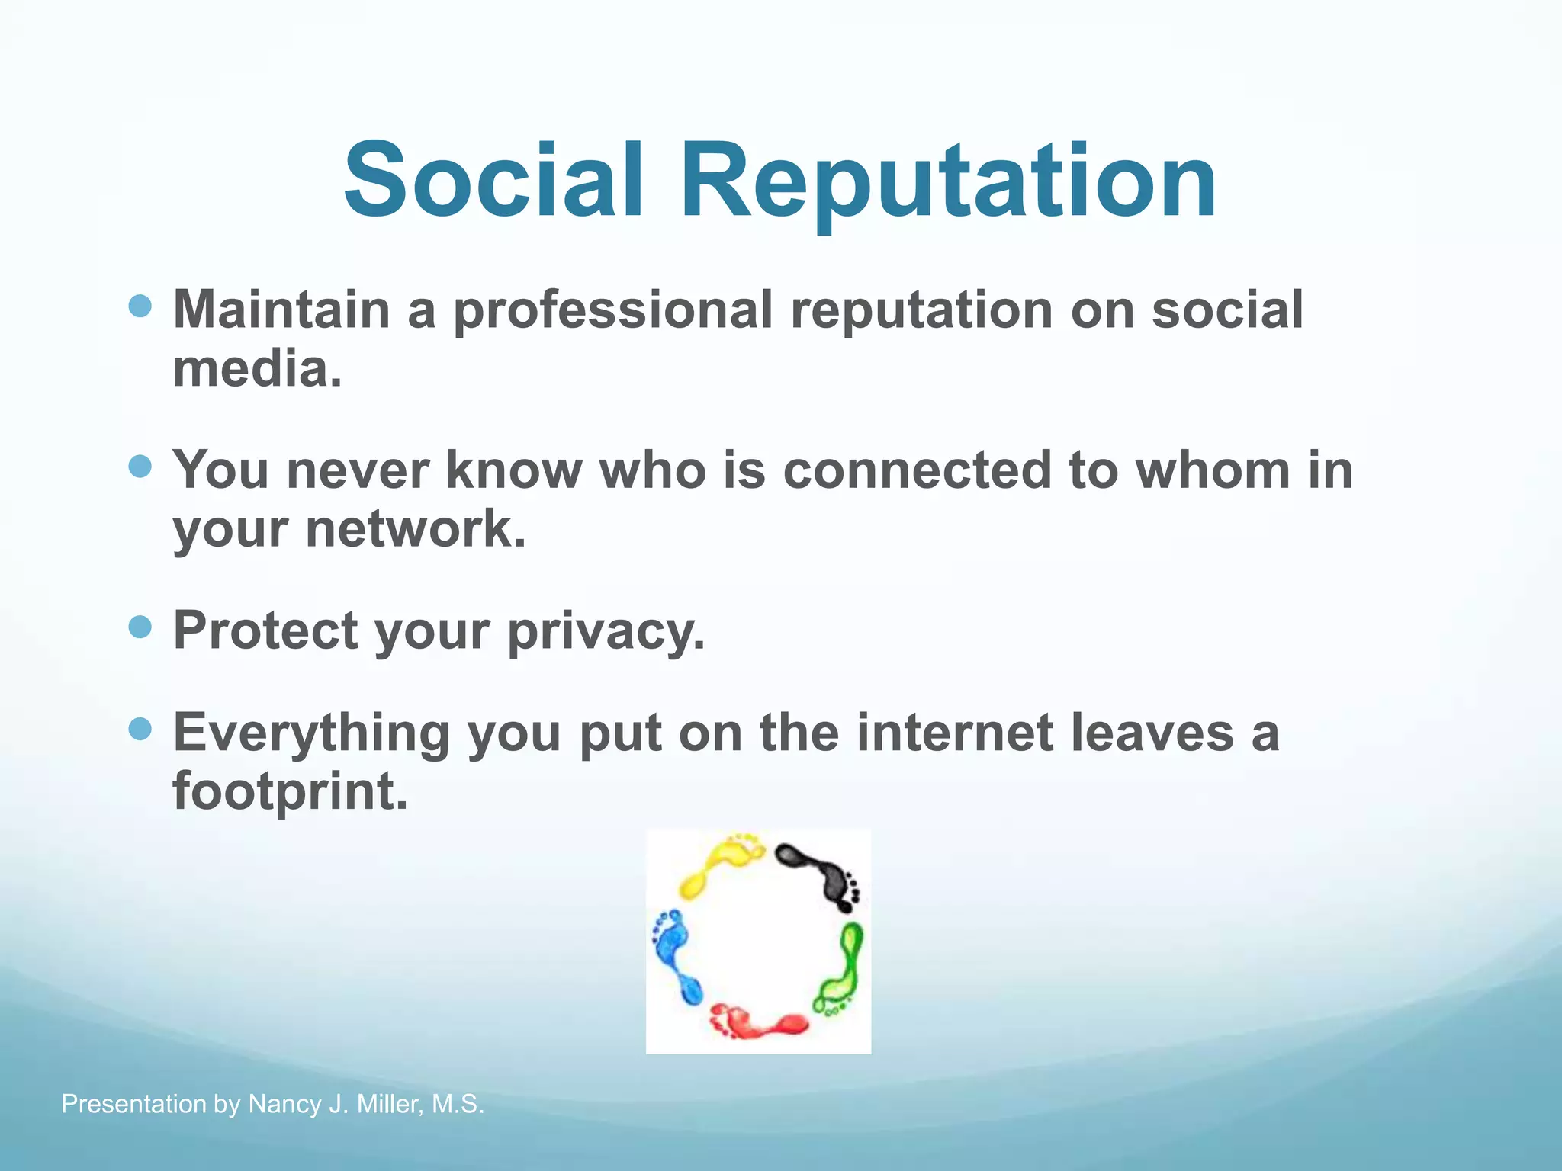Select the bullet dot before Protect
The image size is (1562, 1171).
[x=140, y=627]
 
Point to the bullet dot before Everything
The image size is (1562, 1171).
[x=140, y=730]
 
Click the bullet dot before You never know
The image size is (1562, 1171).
[x=140, y=467]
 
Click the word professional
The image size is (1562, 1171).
[x=613, y=311]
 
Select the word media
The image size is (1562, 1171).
[x=256, y=369]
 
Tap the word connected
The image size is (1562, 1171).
[x=917, y=470]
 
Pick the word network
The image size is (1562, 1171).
[x=415, y=529]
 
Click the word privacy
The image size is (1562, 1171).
[x=606, y=631]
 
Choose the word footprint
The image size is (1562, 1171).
[x=290, y=791]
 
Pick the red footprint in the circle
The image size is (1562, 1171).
[x=759, y=1022]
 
